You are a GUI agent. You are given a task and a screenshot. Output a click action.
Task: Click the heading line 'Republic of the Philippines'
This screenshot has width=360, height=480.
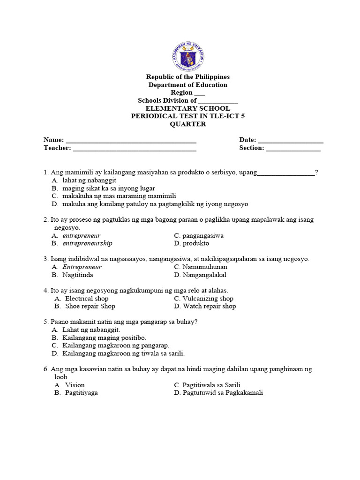188,77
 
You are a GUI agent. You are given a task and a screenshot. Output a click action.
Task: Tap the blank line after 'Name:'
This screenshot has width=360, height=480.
131,140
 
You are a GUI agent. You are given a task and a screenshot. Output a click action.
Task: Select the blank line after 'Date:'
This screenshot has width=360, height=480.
290,140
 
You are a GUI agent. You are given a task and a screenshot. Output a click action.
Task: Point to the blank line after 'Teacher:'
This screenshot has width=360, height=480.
135,148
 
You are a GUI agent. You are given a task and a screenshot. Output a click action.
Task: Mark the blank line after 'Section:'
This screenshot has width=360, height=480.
293,148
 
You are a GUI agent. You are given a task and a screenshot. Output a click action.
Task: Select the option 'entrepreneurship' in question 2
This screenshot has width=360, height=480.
87,243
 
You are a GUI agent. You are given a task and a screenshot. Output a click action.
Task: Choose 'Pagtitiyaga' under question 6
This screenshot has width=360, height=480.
81,392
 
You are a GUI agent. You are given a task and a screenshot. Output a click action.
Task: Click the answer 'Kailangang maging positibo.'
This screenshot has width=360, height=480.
104,337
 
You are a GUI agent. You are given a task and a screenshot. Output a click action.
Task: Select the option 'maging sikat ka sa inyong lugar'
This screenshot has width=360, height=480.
108,188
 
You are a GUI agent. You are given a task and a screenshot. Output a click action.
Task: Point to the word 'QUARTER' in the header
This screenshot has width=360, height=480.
188,124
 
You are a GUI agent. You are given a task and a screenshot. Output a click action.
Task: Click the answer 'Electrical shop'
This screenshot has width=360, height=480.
86,299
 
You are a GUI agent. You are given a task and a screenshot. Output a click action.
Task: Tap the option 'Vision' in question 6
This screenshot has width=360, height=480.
75,385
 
